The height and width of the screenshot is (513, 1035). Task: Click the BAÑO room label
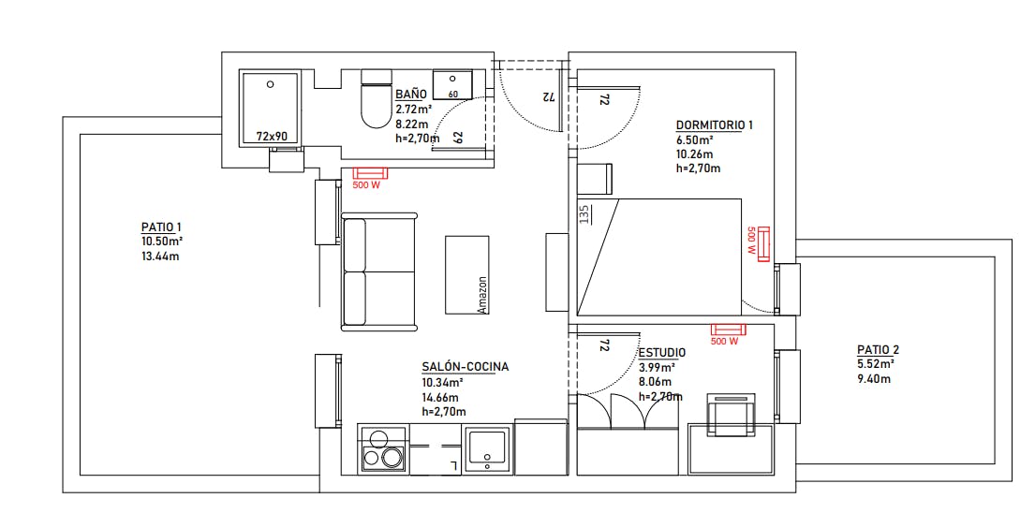tap(410, 94)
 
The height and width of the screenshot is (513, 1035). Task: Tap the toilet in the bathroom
tap(377, 99)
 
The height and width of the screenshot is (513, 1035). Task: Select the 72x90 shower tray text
tap(272, 137)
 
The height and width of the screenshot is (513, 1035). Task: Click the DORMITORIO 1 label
tap(715, 125)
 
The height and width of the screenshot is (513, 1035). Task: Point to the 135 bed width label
tap(584, 214)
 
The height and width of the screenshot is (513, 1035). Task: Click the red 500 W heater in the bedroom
tap(764, 244)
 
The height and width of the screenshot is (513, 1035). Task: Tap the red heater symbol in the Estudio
tap(728, 329)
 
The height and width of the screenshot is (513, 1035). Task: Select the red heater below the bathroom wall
tap(370, 173)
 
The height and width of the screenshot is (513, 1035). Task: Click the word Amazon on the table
tap(481, 294)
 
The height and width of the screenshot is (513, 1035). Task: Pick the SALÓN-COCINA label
tap(466, 367)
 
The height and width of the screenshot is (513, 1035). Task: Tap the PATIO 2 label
tap(878, 349)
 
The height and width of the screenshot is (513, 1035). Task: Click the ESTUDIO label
tap(662, 353)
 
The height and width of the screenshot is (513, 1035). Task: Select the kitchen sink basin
tap(488, 449)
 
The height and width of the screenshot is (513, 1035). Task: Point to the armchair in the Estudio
tap(731, 414)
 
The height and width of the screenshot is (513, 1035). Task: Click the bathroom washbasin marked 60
tap(452, 83)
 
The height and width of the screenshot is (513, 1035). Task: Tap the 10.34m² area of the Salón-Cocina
tap(442, 383)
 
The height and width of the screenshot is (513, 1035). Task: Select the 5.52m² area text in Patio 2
tap(875, 364)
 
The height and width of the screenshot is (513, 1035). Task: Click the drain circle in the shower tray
tap(270, 84)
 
